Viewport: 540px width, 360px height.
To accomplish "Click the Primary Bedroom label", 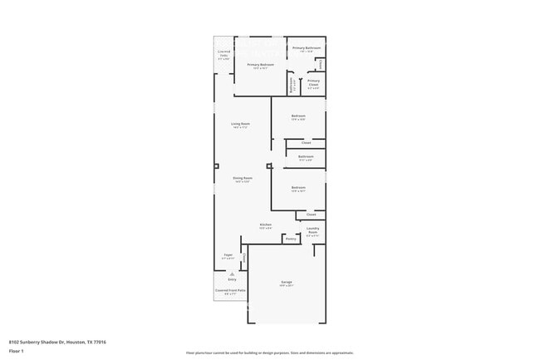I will point(260,64).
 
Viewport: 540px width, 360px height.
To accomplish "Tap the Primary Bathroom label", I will point(307,48).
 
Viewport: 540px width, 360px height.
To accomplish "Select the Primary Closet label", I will point(313,81).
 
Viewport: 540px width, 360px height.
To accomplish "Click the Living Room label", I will point(241,124).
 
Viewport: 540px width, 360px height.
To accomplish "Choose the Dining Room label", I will point(243,178).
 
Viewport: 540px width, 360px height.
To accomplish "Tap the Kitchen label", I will point(266,224).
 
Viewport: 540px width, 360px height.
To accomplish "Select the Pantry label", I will point(291,239).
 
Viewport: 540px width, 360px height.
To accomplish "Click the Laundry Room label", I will point(313,232).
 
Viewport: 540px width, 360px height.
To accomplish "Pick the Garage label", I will point(287,283).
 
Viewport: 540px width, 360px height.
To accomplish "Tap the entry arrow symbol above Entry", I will point(232,274).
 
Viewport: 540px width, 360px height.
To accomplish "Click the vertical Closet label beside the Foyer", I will point(244,260).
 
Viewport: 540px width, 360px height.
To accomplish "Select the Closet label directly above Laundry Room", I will point(311,215).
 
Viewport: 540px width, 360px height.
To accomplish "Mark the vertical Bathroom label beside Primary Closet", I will point(292,84).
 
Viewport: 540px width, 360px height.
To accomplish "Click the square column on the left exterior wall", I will point(216,165).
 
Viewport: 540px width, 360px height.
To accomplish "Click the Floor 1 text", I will point(16,352).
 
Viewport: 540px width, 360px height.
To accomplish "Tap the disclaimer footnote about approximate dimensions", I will point(270,353).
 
